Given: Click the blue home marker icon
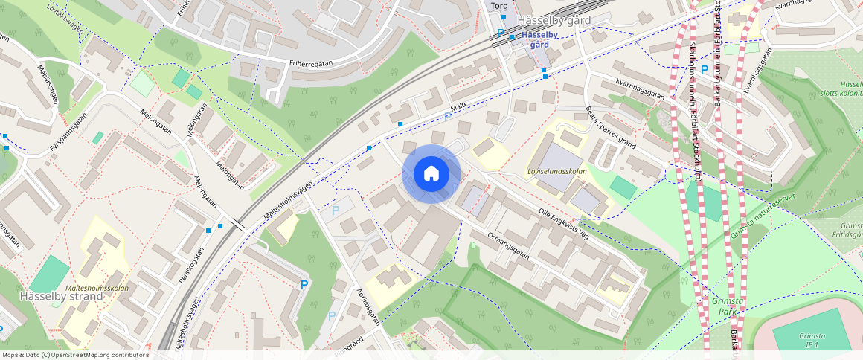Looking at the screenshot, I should [431, 173].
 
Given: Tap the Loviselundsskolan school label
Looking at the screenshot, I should [556, 170].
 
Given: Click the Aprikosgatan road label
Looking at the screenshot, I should [368, 307].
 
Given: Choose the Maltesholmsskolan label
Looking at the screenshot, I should [97, 288].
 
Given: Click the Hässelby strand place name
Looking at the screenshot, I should [51, 296].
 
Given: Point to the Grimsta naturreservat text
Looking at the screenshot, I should [759, 220].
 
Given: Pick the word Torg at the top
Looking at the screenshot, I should [495, 6].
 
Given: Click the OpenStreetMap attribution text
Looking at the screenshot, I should [75, 355].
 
